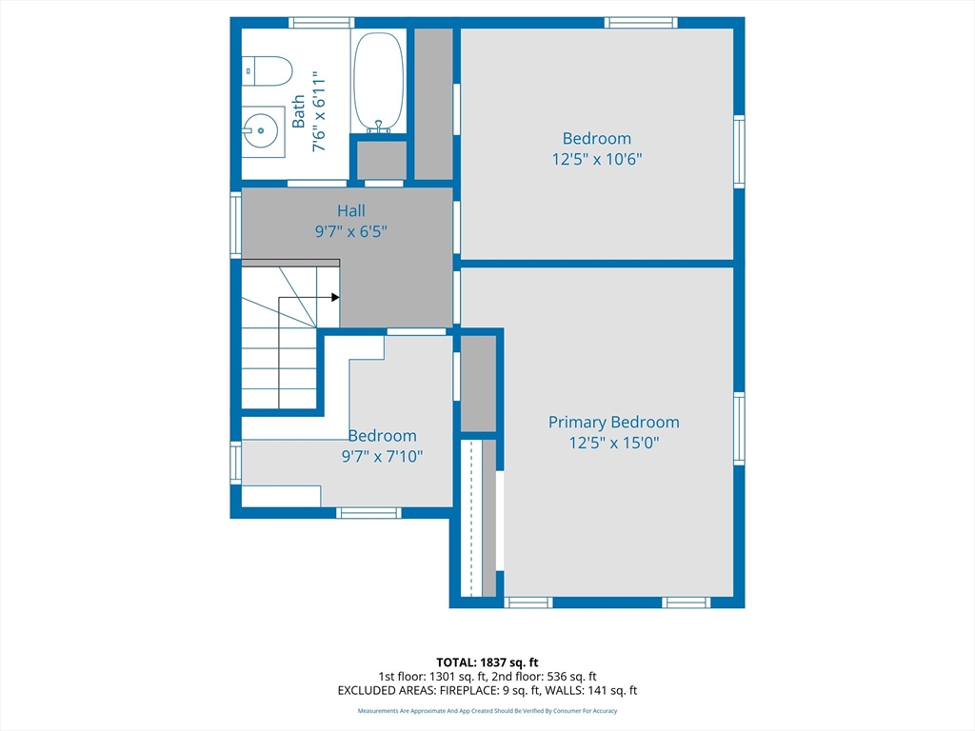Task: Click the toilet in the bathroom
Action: point(267,71)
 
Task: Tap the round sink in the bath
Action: point(261,130)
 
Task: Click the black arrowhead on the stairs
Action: point(335,297)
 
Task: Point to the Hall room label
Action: point(351,210)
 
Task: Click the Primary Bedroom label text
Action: point(614,423)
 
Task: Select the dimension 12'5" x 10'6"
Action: point(597,159)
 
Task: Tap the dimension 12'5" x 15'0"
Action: point(614,444)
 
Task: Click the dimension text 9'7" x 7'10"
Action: point(382,457)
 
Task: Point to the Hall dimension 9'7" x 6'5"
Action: point(351,232)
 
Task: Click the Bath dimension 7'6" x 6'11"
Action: point(318,112)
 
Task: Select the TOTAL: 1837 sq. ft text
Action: point(487,662)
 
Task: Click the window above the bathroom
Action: point(322,23)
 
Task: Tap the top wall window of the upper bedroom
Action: point(641,23)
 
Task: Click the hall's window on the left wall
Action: point(236,225)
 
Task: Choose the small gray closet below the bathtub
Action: point(382,160)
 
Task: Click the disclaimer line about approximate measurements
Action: point(487,711)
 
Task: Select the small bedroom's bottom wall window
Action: point(368,513)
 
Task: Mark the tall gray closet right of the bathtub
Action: point(433,104)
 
